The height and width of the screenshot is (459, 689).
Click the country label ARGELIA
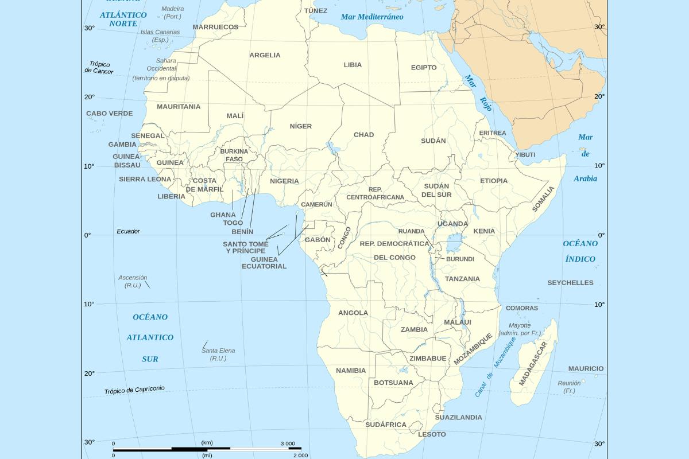tap(265, 55)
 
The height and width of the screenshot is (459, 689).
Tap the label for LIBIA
tap(353, 65)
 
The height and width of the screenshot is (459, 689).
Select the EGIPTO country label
tap(424, 68)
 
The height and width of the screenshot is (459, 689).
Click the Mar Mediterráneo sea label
tap(372, 17)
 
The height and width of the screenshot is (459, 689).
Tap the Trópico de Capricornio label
tap(134, 390)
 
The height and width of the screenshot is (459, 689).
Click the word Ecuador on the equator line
tap(128, 232)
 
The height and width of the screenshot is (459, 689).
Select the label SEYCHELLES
tap(570, 283)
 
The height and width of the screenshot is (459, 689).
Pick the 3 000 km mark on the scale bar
tap(288, 444)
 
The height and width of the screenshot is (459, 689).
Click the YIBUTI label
tap(525, 155)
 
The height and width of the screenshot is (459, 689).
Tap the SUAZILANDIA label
tap(458, 418)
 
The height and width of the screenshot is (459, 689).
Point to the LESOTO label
tap(432, 434)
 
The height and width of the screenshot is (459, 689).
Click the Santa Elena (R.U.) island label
tap(218, 354)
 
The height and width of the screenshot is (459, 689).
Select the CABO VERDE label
tap(110, 114)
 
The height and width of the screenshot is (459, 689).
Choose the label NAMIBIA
tap(351, 371)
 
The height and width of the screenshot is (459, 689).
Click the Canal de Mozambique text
tap(495, 367)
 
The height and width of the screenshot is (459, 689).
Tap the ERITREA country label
tap(493, 133)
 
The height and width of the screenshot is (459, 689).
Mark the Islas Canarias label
tap(160, 36)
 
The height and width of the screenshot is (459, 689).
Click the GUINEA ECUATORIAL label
tap(264, 263)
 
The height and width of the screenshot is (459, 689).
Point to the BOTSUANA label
tap(393, 383)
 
